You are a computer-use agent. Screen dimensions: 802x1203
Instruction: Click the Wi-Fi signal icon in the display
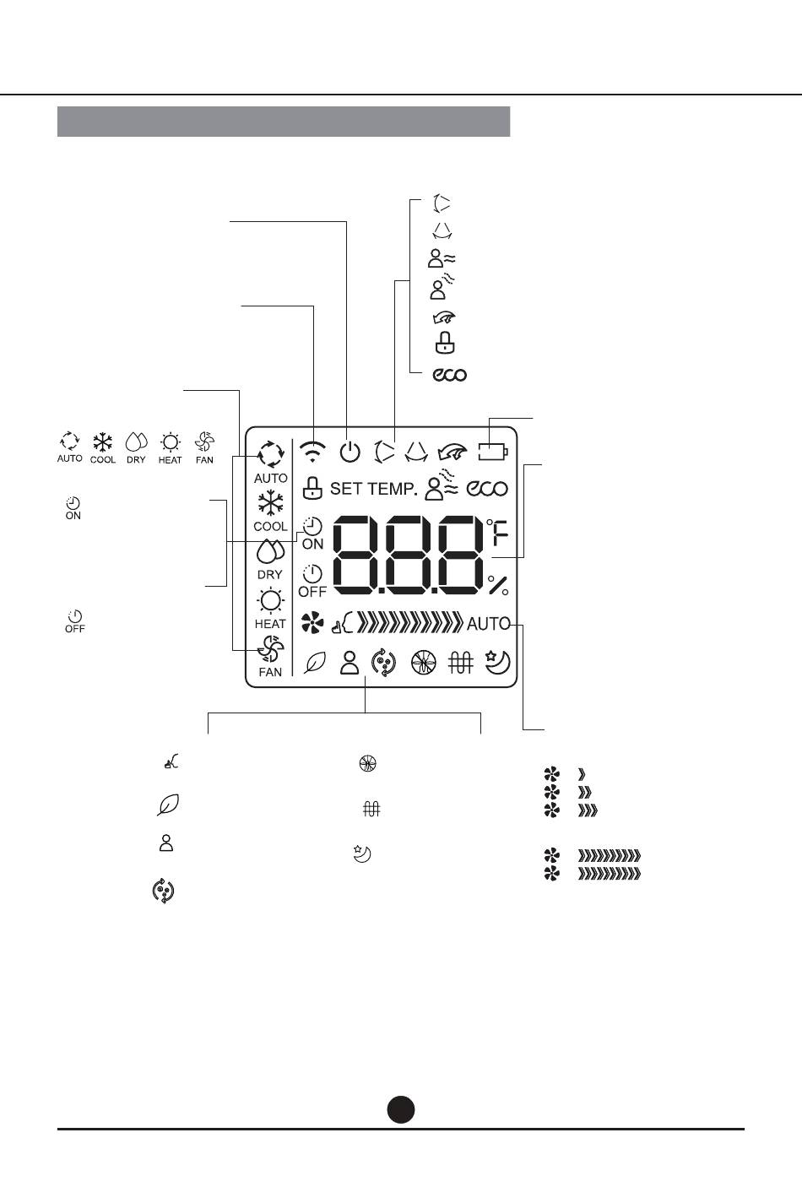pos(312,452)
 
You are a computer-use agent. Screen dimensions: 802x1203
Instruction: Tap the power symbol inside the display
pos(350,452)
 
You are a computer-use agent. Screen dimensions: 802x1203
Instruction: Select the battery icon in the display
pos(493,452)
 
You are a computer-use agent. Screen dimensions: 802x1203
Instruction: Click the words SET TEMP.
pos(373,489)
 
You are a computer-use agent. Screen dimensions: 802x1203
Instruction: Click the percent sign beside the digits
pos(498,585)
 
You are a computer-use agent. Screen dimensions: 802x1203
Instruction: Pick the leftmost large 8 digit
pos(355,555)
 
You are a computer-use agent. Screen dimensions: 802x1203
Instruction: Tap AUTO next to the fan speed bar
pos(488,624)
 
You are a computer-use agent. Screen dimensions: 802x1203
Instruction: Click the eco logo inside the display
pos(487,489)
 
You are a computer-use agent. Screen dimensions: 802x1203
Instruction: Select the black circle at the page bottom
pos(401,1109)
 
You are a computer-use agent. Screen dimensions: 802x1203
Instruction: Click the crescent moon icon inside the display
pos(497,662)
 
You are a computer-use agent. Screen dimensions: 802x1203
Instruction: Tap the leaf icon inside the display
pos(315,663)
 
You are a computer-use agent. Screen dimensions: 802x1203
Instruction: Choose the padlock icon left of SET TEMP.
pos(312,488)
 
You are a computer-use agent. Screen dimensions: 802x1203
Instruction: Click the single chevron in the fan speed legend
pos(581,774)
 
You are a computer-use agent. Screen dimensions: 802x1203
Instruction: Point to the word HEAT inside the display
pos(270,624)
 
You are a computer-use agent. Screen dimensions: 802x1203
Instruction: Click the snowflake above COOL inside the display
pos(270,504)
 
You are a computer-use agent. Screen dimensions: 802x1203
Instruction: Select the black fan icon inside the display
pos(312,623)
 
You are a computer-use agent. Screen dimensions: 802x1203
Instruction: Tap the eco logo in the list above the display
pos(450,374)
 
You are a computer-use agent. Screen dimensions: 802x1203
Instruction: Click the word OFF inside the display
pos(312,592)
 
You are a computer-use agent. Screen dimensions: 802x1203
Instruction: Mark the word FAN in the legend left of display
pos(204,460)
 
